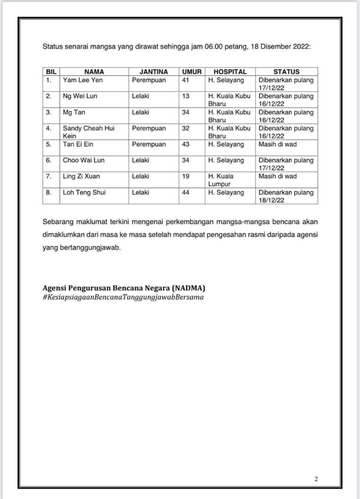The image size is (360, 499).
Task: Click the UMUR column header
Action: [x=192, y=72]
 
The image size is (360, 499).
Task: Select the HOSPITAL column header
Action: [x=230, y=72]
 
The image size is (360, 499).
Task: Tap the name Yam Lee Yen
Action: [x=83, y=80]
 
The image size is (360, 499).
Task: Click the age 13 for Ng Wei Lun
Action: [x=185, y=96]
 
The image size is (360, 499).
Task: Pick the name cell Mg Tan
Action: [x=74, y=112]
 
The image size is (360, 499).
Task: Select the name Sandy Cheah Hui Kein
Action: [x=88, y=132]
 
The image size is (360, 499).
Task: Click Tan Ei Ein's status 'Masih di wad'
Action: [x=277, y=144]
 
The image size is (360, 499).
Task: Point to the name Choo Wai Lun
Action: [x=84, y=160]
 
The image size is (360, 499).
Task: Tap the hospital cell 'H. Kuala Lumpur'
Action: [x=220, y=180]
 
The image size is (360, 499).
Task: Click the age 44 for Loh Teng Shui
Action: [x=185, y=193]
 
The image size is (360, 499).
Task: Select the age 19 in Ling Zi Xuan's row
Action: [x=185, y=176]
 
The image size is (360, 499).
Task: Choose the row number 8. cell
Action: [x=49, y=193]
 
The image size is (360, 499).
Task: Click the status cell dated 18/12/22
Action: [x=286, y=196]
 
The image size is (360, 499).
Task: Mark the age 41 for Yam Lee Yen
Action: [x=185, y=80]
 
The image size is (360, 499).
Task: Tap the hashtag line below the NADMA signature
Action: [x=123, y=297]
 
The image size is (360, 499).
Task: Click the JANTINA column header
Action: [x=154, y=72]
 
